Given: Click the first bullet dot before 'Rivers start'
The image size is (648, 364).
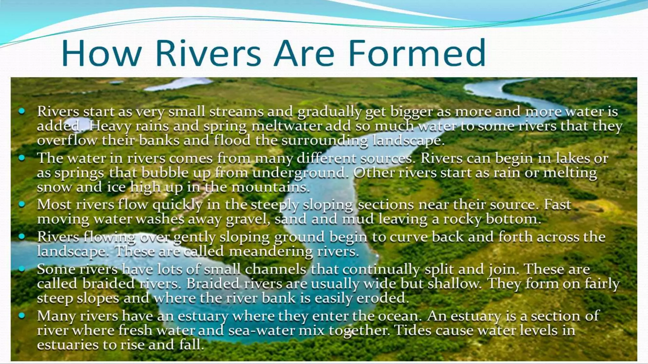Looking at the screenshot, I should pos(22,111).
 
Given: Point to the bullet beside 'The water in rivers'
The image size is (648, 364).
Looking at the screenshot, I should pos(22,158).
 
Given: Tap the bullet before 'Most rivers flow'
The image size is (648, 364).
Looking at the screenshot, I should pos(22,204).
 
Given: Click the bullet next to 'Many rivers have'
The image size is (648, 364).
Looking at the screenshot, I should pos(22,315).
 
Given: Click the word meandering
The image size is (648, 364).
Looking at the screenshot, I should pos(271,252).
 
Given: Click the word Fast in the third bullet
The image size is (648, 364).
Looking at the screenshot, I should pos(558,204).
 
